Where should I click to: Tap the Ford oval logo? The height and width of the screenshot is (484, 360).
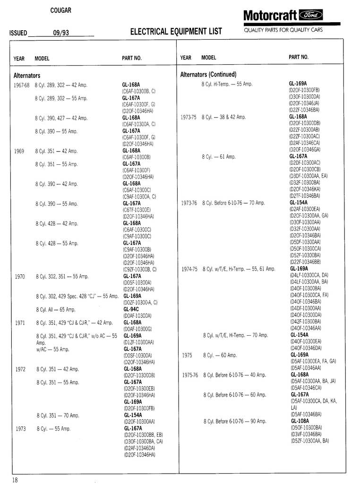coord(313,16)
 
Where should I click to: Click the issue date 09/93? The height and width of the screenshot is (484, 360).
coord(61,33)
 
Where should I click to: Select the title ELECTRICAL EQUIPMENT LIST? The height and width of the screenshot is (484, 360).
coord(176,32)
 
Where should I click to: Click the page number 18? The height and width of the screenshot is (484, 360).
coord(15,480)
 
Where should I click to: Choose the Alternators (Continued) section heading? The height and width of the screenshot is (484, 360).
coord(208,75)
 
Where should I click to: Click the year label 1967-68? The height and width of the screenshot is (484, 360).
coord(21,85)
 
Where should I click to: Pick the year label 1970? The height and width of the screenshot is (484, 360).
coord(20,276)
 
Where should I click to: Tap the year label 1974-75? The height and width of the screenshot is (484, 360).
coord(189,269)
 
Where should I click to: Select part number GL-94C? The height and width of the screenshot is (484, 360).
coord(131,309)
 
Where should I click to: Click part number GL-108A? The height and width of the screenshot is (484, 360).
coord(300,421)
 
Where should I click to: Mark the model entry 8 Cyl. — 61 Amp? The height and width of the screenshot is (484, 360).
coord(219,157)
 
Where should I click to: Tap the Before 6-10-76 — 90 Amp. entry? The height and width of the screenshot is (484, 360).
coord(235,421)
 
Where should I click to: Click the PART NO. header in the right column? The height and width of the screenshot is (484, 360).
coord(299,57)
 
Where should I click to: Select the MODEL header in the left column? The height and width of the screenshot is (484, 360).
coord(42,59)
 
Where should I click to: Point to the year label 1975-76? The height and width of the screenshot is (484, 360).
coord(190,375)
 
